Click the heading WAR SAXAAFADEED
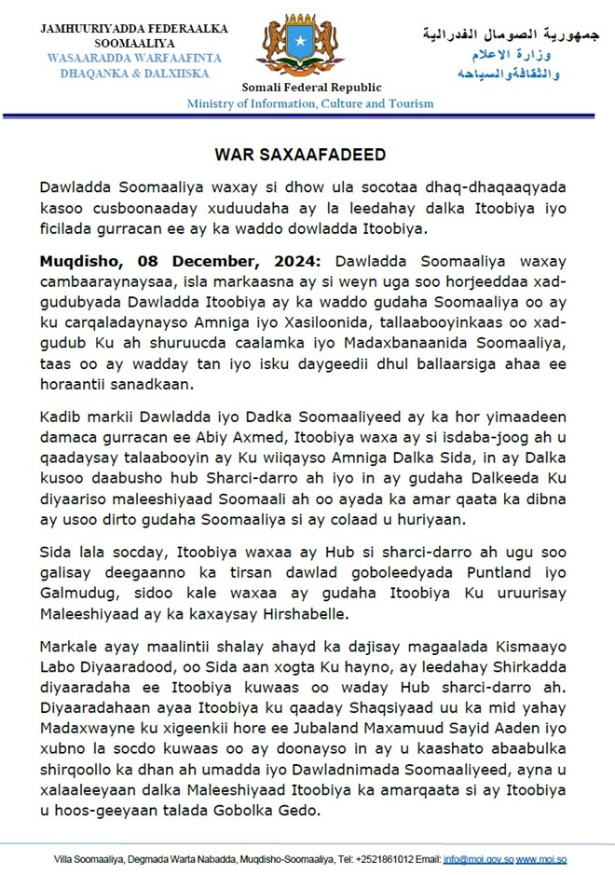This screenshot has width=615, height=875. point(307,153)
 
